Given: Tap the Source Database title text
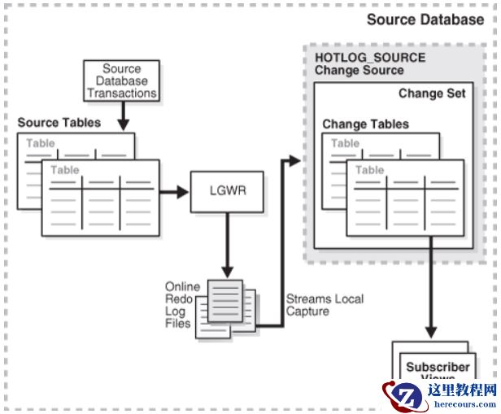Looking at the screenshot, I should [x=425, y=19].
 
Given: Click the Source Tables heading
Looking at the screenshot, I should [x=59, y=123].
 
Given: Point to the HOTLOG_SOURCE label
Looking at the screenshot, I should [x=369, y=58].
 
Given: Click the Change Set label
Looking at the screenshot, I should [x=432, y=94].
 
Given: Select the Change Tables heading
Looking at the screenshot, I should [x=365, y=124].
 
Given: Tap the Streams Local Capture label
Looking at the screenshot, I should [x=325, y=305].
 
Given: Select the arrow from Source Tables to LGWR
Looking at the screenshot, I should [x=172, y=193].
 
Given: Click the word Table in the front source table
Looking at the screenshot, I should [x=65, y=170].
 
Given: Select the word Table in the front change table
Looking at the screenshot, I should [x=369, y=170].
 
